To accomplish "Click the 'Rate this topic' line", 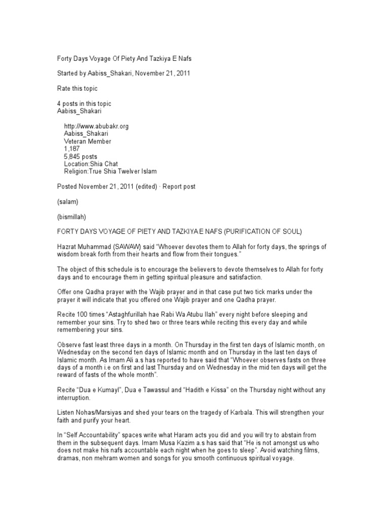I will coord(77,88).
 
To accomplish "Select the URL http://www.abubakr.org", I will coord(93,126).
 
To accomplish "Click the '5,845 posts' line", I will coord(81,157).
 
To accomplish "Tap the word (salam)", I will coord(67,202).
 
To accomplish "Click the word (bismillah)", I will coord(72,217).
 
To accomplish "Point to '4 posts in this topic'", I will coord(84,103).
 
